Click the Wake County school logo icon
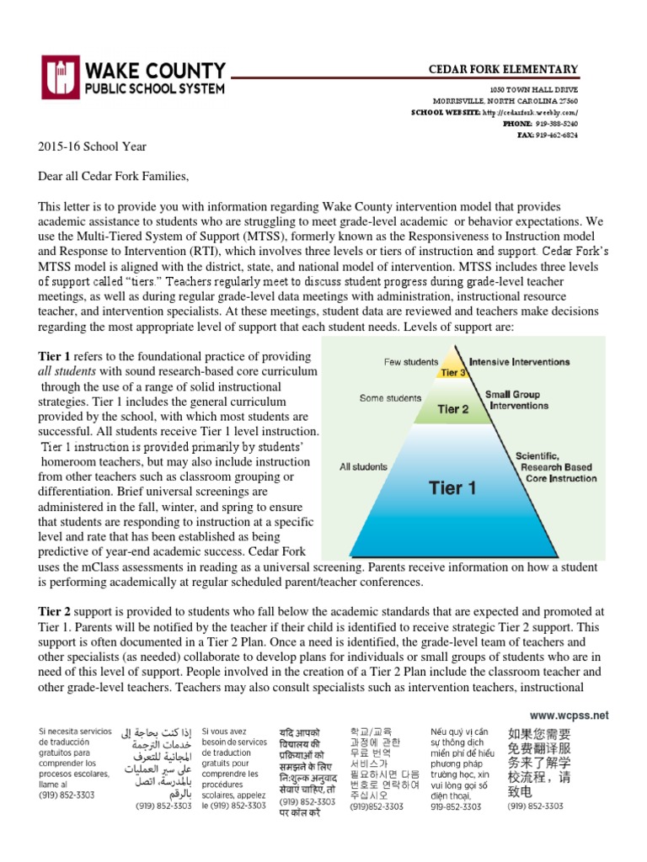pyautogui.click(x=58, y=77)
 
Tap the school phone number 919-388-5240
pyautogui.click(x=551, y=123)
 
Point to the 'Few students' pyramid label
pyautogui.click(x=411, y=362)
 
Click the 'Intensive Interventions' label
pyautogui.click(x=519, y=362)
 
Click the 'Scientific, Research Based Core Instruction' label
pyautogui.click(x=555, y=466)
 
